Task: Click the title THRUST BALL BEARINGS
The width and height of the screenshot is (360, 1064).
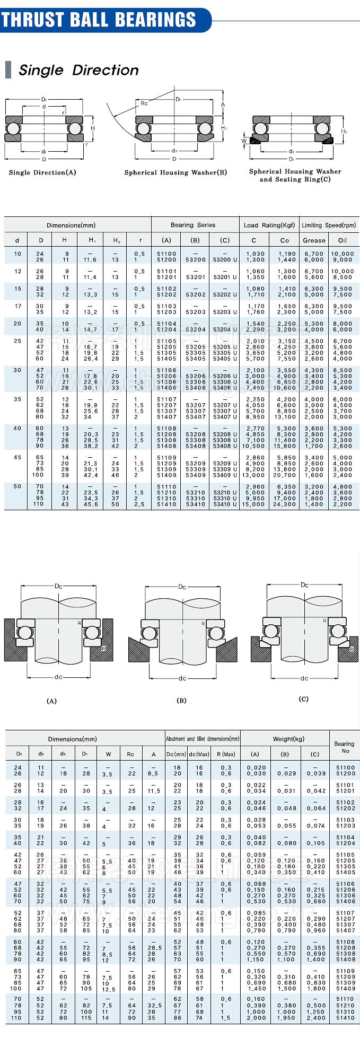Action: pyautogui.click(x=99, y=20)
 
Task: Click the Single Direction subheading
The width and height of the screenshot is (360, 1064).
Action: pyautogui.click(x=78, y=70)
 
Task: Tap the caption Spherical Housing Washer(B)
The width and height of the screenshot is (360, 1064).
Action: pyautogui.click(x=175, y=172)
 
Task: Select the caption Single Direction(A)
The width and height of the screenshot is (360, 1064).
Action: pyautogui.click(x=42, y=172)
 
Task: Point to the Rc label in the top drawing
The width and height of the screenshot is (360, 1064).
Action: pyautogui.click(x=144, y=103)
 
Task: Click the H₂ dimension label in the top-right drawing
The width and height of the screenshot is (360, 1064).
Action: pyautogui.click(x=344, y=131)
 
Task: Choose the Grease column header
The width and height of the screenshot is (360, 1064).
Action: pyautogui.click(x=314, y=240)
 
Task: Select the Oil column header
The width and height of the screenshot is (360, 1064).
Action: pyautogui.click(x=343, y=240)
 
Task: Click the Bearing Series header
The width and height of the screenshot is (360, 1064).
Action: pyautogui.click(x=193, y=225)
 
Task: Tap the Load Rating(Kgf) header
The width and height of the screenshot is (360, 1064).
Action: pyautogui.click(x=269, y=225)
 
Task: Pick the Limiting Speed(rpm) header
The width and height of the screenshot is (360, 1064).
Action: pyautogui.click(x=329, y=225)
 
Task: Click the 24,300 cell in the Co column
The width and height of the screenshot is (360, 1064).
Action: pyautogui.click(x=285, y=504)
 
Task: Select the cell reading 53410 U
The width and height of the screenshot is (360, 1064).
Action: pyautogui.click(x=225, y=504)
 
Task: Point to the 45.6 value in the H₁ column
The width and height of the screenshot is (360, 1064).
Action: pyautogui.click(x=90, y=504)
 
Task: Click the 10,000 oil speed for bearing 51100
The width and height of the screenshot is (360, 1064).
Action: pyautogui.click(x=343, y=254)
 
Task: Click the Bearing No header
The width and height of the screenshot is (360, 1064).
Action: pyautogui.click(x=345, y=747)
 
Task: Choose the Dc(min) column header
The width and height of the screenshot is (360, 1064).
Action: pyautogui.click(x=177, y=754)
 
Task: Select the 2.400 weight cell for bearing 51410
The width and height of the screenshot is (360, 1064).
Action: pyautogui.click(x=315, y=1018)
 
